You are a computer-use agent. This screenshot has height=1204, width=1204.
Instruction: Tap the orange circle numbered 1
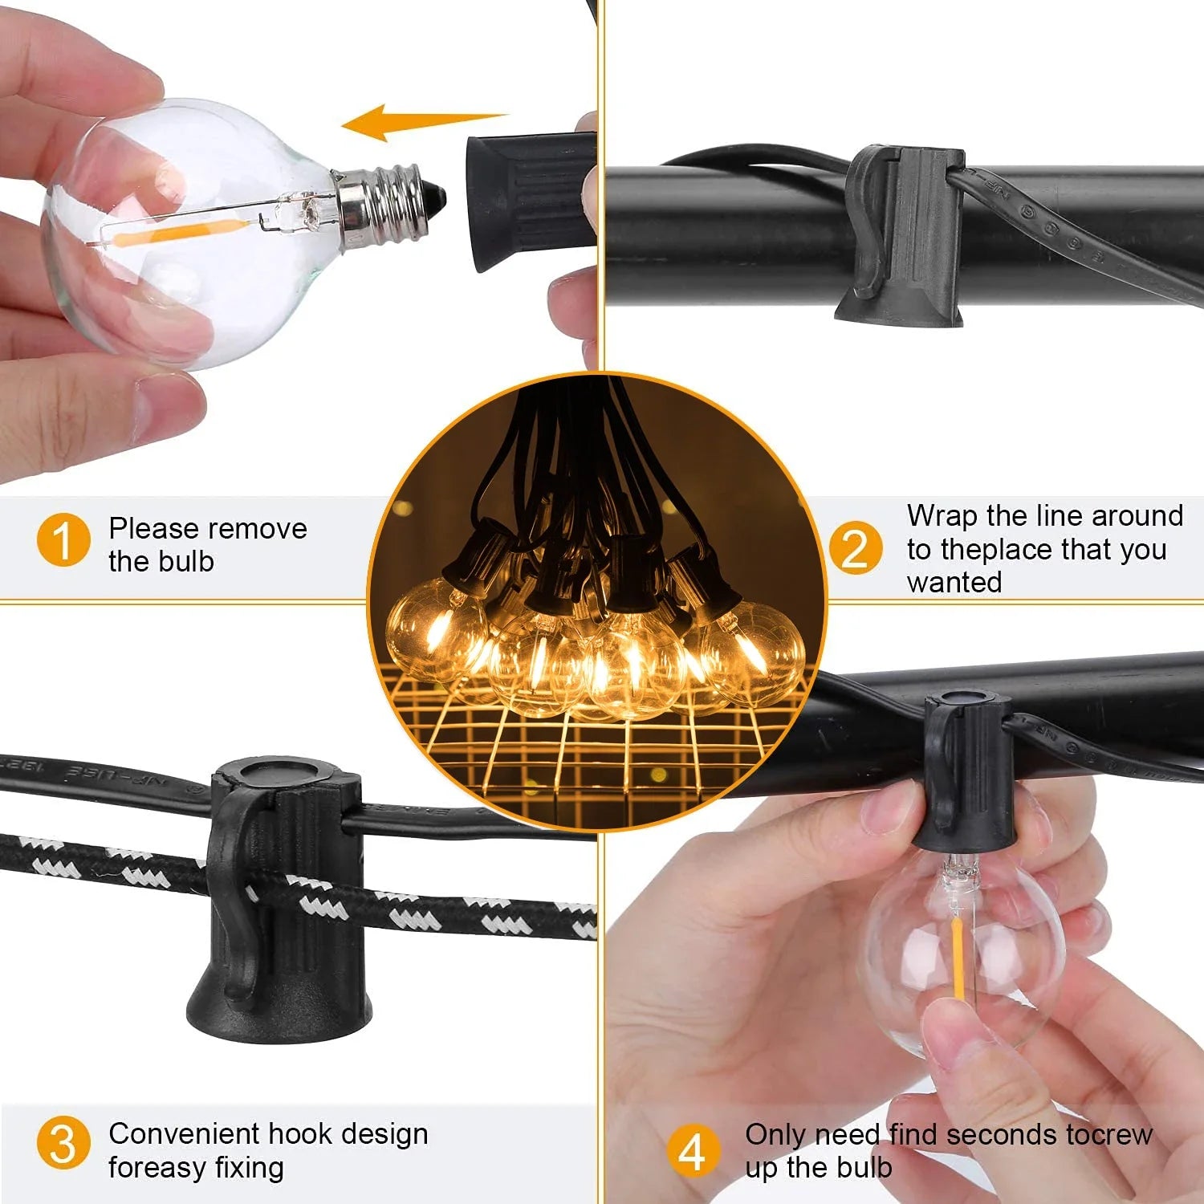point(63,540)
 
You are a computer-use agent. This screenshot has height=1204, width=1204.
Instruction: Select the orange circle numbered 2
point(855,547)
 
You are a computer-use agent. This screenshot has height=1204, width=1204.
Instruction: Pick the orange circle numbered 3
point(63,1144)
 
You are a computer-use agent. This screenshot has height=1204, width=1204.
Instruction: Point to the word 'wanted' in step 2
point(954,582)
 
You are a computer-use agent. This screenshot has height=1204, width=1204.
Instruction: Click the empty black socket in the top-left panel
point(530,201)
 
